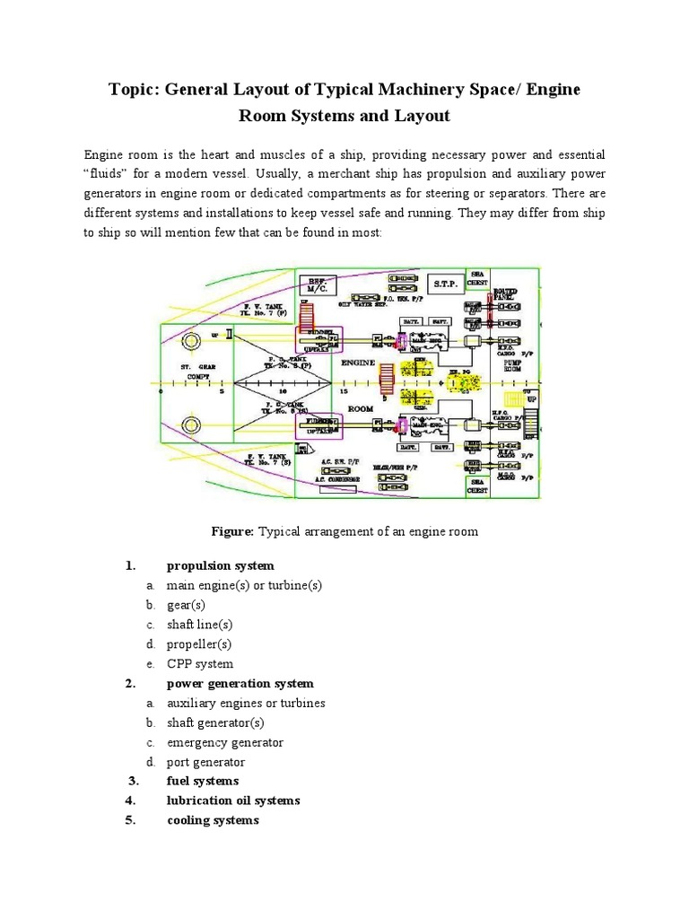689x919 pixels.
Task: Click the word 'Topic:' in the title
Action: [134, 90]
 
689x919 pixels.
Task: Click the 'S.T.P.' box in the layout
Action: [445, 284]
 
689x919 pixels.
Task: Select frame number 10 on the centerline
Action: [283, 392]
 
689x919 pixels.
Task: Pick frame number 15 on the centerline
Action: [344, 392]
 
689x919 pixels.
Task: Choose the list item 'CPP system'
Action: [199, 664]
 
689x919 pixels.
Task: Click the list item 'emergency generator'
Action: [224, 742]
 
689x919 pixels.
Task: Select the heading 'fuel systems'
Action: [203, 781]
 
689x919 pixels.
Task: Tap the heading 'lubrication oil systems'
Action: [233, 801]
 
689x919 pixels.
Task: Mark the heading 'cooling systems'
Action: [213, 820]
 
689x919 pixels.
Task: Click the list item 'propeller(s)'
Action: [199, 644]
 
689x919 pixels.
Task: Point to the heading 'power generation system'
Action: [240, 684]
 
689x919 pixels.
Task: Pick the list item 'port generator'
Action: [205, 762]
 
